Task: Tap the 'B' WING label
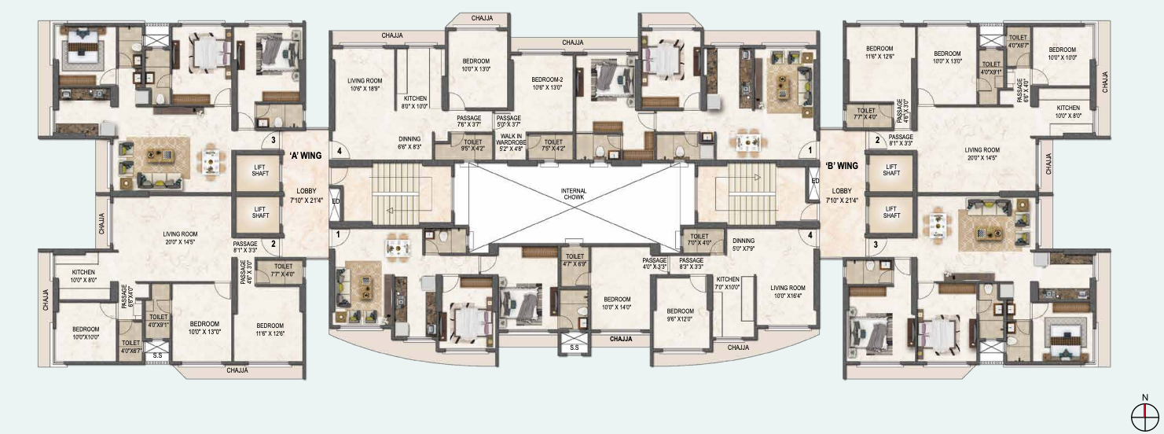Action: point(842,166)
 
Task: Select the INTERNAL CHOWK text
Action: point(574,195)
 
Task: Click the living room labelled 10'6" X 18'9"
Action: point(364,84)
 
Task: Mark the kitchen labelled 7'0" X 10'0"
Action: point(727,283)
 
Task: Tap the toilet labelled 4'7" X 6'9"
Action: point(575,260)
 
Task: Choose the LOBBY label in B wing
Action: point(842,195)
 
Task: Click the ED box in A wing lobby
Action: point(336,200)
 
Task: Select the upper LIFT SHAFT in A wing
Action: point(261,169)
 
